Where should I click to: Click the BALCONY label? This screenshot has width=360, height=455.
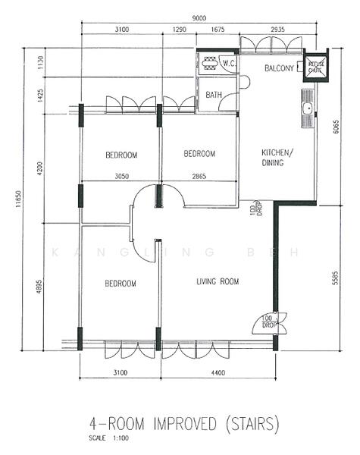279,69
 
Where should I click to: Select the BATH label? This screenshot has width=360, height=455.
213,96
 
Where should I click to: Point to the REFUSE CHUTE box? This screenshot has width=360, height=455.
316,66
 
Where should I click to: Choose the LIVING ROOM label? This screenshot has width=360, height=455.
218,282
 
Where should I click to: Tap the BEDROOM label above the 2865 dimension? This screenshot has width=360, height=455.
199,154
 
